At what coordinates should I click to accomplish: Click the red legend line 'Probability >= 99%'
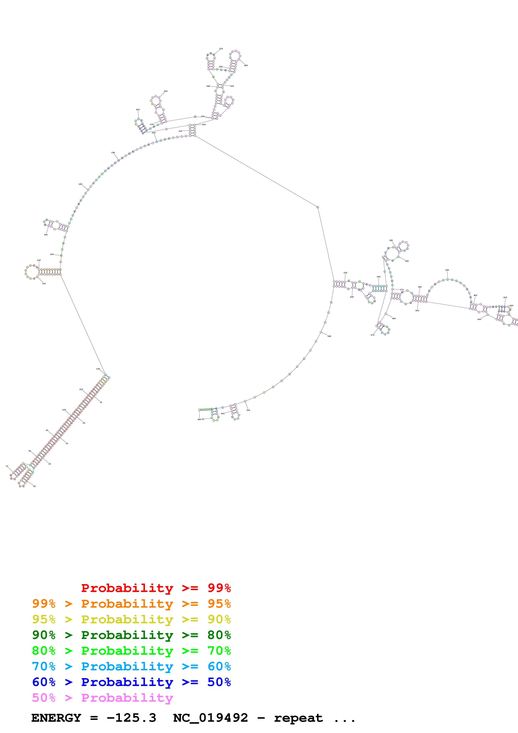coord(156,588)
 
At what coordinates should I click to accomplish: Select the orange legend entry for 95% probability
coord(131,604)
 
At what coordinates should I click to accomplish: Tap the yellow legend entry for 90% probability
coord(131,619)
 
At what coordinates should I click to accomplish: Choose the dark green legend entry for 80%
coord(131,635)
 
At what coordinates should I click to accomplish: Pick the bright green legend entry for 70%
coord(131,651)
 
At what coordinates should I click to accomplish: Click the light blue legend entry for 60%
coord(131,666)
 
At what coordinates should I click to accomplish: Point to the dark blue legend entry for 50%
coord(131,682)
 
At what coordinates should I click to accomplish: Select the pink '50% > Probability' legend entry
coord(102,697)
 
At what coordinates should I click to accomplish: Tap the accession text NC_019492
coord(210,718)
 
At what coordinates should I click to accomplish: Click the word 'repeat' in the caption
coord(298,718)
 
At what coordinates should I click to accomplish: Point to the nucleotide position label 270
coord(221,49)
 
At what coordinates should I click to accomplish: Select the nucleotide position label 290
coord(246,65)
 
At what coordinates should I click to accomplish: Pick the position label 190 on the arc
coord(113,153)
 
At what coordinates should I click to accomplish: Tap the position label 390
coord(447,270)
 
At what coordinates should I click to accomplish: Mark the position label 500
coord(329,336)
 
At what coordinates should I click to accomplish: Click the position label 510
coord(248,410)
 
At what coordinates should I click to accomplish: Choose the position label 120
coord(98,369)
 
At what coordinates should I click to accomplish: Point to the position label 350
coord(391,240)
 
